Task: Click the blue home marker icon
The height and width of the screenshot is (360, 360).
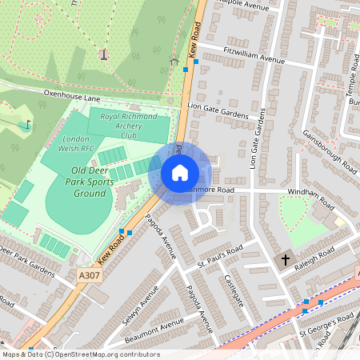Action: (x=180, y=173)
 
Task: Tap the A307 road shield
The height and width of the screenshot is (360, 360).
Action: (x=89, y=274)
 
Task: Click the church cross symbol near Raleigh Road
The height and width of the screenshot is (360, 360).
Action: (x=286, y=260)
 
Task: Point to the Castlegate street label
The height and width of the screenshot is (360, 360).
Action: (x=232, y=284)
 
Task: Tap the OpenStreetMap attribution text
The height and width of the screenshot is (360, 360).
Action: (x=80, y=354)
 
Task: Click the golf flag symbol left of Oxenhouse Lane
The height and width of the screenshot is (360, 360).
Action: (x=29, y=124)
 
